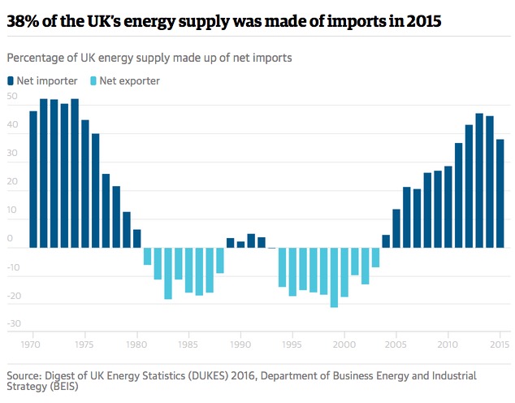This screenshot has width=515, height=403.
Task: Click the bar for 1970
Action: (x=33, y=179)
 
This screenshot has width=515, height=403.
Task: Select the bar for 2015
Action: (x=500, y=193)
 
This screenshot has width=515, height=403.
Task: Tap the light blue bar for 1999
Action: (x=334, y=277)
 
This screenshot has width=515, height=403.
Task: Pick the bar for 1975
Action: (x=85, y=184)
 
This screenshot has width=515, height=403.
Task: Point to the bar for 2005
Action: (x=396, y=228)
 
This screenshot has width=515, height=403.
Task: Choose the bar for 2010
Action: (x=448, y=206)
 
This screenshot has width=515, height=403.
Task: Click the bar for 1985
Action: (x=188, y=270)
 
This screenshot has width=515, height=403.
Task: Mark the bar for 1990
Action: (x=240, y=245)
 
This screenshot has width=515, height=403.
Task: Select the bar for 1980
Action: (x=137, y=238)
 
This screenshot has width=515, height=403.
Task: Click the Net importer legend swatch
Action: (x=11, y=80)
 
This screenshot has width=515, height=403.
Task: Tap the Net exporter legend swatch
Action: (x=93, y=80)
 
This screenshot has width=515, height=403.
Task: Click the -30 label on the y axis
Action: (x=12, y=324)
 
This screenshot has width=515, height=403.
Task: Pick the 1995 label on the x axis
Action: (x=292, y=345)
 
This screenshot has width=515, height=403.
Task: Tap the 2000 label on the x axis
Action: (x=344, y=345)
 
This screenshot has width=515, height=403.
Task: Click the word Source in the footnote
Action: (x=25, y=375)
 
